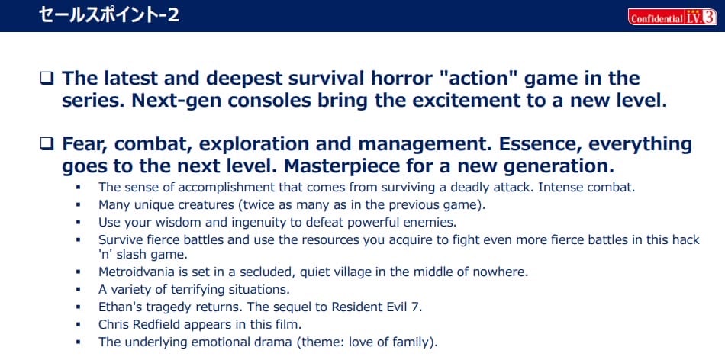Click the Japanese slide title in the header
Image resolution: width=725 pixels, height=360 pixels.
click(109, 15)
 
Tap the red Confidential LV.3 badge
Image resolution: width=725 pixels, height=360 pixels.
click(672, 17)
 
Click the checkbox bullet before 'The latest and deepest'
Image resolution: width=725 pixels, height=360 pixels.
click(47, 79)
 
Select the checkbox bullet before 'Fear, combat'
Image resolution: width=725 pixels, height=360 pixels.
click(47, 144)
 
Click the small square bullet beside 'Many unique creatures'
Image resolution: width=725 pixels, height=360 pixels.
click(78, 204)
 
